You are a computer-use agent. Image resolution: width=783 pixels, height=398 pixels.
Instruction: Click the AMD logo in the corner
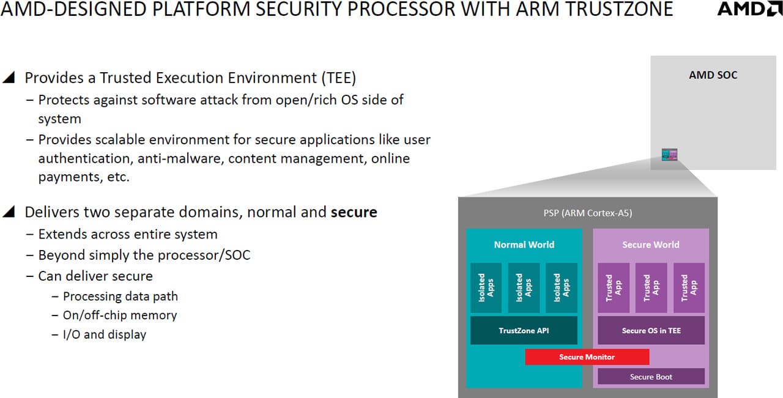click(749, 9)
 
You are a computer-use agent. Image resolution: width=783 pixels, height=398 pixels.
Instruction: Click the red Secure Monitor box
click(587, 357)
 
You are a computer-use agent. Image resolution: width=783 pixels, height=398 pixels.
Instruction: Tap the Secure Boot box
click(651, 377)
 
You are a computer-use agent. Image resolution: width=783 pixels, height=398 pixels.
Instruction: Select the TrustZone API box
click(524, 331)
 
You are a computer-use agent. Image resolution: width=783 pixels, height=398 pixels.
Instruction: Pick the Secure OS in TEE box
click(651, 331)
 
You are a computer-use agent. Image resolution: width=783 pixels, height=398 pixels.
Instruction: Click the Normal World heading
click(524, 245)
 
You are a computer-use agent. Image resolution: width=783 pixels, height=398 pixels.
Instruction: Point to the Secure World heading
click(651, 245)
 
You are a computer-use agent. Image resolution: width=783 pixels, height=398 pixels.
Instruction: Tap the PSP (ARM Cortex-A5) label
click(588, 213)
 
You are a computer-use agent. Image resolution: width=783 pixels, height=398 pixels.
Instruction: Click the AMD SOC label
click(713, 75)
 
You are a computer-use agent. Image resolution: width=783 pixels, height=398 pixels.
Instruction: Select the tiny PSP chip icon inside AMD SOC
click(669, 155)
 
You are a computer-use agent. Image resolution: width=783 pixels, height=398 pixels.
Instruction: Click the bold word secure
click(354, 212)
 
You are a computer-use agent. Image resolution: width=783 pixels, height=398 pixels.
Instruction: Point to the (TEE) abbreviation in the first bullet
click(339, 78)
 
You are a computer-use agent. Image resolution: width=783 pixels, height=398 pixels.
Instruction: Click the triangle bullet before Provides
click(9, 77)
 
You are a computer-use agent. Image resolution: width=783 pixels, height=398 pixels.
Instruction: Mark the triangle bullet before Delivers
click(9, 212)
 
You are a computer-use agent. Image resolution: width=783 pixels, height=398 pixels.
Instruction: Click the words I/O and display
click(105, 334)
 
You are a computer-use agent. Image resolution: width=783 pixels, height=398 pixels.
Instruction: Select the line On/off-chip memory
click(120, 315)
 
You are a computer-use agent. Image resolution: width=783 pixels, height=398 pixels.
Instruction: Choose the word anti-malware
click(180, 158)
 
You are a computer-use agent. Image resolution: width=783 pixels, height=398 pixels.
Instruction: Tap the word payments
click(70, 177)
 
